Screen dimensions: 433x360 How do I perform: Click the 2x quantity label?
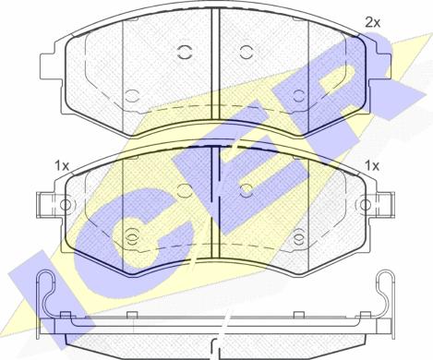372,22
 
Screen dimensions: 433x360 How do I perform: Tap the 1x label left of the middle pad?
62,166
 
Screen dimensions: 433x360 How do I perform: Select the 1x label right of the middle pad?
372,166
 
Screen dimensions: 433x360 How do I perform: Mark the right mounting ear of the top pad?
379,66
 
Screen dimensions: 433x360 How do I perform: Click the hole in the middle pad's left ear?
66,205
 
